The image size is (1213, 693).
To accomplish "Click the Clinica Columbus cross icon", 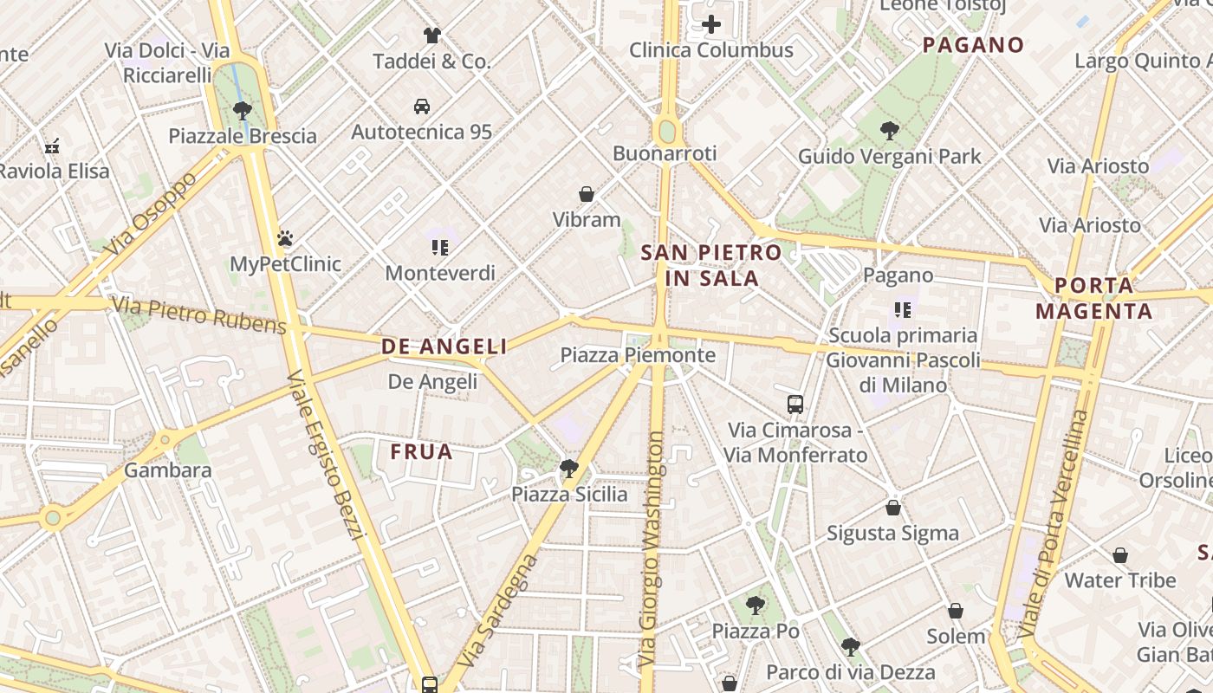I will [711, 24].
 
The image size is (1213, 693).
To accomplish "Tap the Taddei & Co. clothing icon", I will [432, 36].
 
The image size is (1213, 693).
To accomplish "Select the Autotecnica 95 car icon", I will [422, 107].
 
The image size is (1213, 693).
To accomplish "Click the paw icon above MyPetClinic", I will [285, 238].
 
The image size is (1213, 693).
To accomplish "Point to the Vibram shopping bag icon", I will [587, 194].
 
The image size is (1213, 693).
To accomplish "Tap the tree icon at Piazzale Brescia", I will [243, 110].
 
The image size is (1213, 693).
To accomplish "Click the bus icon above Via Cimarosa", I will [795, 404].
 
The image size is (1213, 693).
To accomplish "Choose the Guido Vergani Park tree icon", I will [889, 131].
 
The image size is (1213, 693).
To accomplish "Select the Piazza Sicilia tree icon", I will [569, 469].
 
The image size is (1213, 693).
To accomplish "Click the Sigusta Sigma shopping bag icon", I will [893, 508].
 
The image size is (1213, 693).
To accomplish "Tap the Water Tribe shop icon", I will [1120, 555].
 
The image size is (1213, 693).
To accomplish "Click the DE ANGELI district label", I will [444, 346].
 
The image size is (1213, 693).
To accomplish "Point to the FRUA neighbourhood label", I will [422, 451].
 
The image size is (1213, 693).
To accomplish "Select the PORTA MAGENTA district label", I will [1094, 298].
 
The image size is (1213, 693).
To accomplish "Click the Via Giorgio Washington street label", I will [655, 549].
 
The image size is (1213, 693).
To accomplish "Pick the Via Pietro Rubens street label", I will [199, 315].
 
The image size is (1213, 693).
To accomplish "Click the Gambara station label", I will [168, 471].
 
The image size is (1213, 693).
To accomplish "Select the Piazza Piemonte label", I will [638, 355].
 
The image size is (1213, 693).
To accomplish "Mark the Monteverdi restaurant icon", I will [440, 249].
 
